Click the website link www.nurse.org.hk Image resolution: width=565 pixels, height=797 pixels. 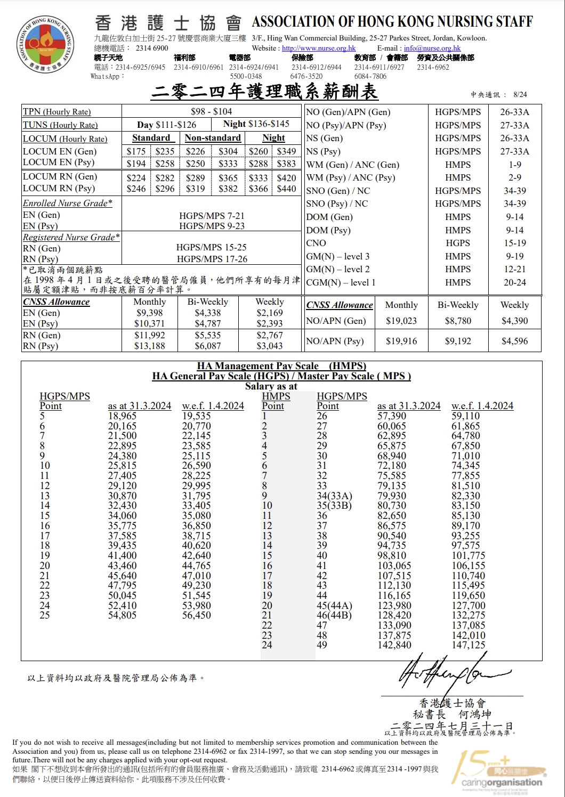[x=319, y=48]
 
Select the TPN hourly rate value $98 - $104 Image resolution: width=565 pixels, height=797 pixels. [x=212, y=111]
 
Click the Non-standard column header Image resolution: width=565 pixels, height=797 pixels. [x=213, y=137]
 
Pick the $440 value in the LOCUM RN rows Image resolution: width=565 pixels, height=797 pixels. [x=286, y=188]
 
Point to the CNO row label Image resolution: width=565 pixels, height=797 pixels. [x=316, y=243]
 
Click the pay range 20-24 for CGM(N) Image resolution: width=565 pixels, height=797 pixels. [x=514, y=282]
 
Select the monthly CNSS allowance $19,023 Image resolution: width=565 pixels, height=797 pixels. [x=401, y=321]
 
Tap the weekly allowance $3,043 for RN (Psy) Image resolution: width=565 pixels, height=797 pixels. [x=270, y=346]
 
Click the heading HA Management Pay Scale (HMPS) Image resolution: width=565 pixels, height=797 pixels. [x=281, y=366]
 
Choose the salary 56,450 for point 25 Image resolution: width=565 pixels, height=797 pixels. [x=197, y=615]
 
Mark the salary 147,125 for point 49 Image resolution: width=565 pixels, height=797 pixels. [x=469, y=645]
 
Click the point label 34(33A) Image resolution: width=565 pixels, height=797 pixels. [x=334, y=496]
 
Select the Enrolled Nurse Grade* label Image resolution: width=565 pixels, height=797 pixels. [x=67, y=203]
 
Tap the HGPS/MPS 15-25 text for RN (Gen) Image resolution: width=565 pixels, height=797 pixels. [x=212, y=248]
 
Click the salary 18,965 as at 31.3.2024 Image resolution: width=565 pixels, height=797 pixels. [x=122, y=416]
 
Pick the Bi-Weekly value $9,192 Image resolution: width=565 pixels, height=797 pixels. [x=458, y=341]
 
